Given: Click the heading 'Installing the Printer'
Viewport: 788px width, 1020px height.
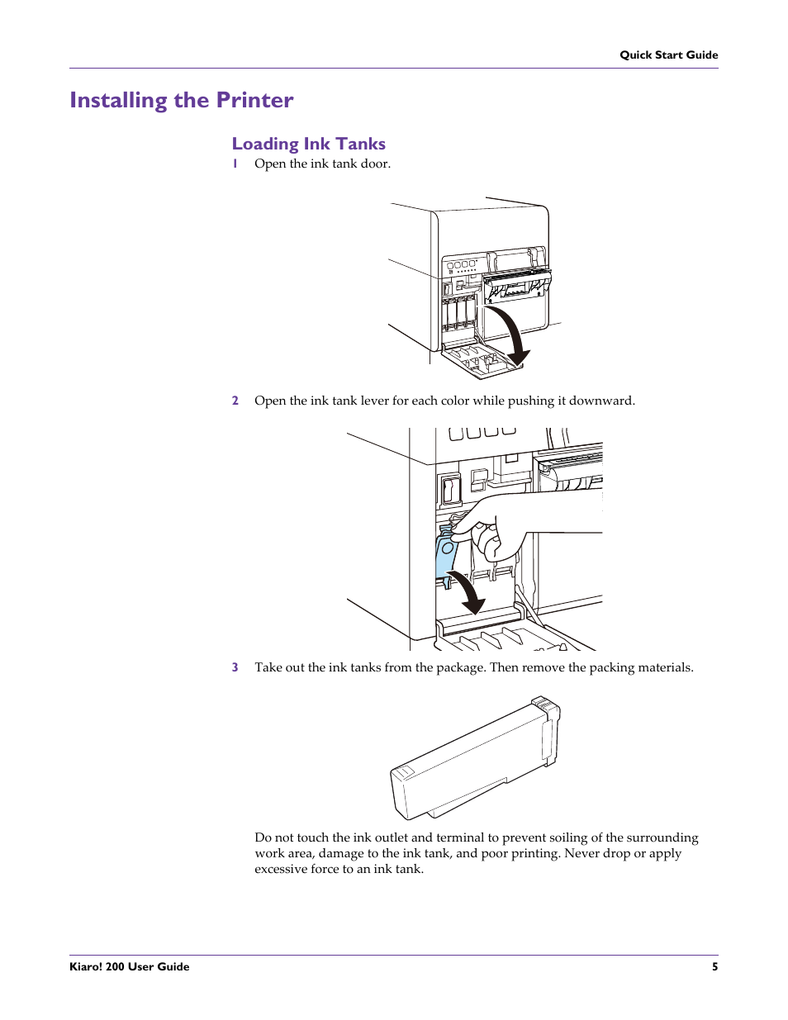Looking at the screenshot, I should pyautogui.click(x=181, y=100).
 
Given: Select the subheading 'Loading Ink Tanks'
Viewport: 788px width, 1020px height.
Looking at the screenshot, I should pyautogui.click(x=308, y=144).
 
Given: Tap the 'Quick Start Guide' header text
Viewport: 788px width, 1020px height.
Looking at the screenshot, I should pyautogui.click(x=668, y=55).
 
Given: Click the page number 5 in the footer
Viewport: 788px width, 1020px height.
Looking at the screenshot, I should pyautogui.click(x=714, y=966).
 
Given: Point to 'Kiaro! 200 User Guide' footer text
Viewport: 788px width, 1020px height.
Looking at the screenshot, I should pyautogui.click(x=130, y=966).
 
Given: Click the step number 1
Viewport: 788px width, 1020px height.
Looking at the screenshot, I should pyautogui.click(x=235, y=164).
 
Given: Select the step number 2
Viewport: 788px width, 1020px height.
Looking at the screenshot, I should pyautogui.click(x=235, y=401).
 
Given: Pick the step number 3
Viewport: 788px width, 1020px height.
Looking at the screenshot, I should pyautogui.click(x=235, y=667).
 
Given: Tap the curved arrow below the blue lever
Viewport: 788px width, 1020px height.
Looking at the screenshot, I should pyautogui.click(x=468, y=592).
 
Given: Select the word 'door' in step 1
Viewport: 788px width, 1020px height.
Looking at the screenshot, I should pyautogui.click(x=374, y=164).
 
